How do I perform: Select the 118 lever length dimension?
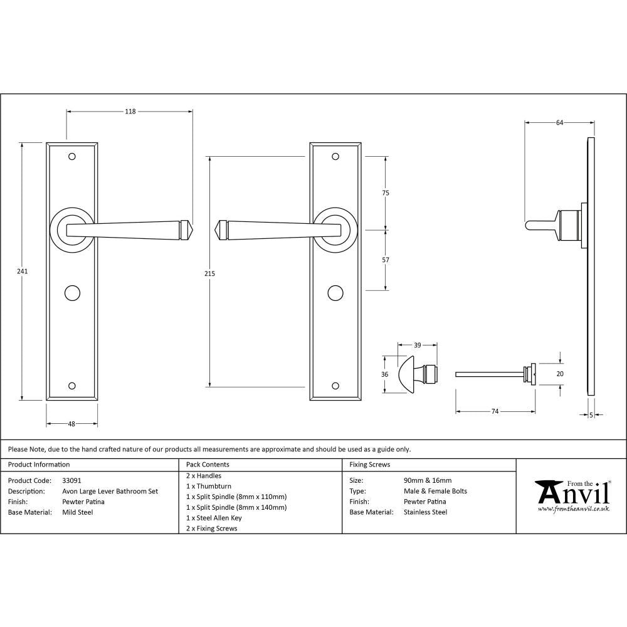click(130, 112)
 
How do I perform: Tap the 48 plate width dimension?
click(71, 424)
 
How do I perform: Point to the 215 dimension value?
click(209, 273)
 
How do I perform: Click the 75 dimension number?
click(386, 193)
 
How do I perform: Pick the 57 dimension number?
click(386, 260)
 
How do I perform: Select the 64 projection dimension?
click(559, 123)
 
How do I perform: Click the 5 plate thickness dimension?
click(591, 414)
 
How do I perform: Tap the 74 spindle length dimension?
click(495, 411)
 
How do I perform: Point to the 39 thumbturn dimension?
click(417, 345)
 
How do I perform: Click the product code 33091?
click(72, 480)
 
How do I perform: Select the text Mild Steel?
click(78, 512)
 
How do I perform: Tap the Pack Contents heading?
click(208, 465)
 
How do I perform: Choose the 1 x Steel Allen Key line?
click(214, 518)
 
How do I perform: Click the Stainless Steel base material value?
click(425, 512)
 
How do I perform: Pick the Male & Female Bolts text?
click(435, 491)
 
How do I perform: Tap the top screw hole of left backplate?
click(71, 156)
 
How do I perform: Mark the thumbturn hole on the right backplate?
click(335, 292)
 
